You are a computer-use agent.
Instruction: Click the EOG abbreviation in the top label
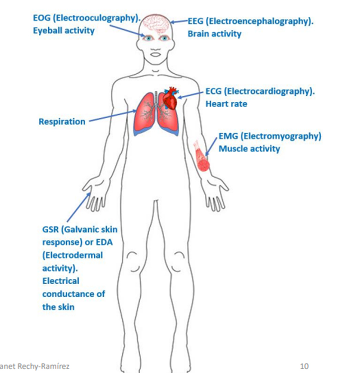[x=42, y=18]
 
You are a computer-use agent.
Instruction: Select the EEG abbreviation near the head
[x=196, y=22]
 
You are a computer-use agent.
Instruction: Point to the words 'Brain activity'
[x=214, y=34]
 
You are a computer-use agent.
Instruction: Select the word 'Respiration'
[x=62, y=121]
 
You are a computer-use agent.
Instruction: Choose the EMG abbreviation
[x=228, y=137]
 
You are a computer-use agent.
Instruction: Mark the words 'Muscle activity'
[x=249, y=149]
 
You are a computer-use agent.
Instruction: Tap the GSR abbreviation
[x=52, y=230]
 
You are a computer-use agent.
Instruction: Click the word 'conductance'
[x=73, y=294]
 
